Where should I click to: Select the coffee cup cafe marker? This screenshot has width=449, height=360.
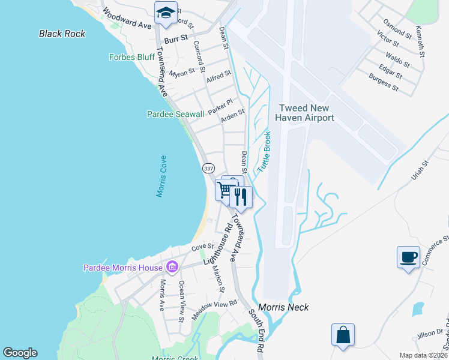click(408, 257)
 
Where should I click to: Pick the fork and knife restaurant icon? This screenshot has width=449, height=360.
click(241, 196)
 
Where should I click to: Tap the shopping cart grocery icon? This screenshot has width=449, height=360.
click(226, 190)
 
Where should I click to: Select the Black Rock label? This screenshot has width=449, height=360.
click(62, 34)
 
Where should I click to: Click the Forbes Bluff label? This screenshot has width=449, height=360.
click(131, 58)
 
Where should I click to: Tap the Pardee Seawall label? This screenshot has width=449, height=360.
click(175, 114)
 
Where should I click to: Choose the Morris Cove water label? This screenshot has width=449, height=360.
click(161, 176)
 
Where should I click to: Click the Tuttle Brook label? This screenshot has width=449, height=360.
click(264, 153)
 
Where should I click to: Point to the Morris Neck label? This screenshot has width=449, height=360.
click(283, 307)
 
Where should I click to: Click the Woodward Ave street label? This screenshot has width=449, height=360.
click(127, 19)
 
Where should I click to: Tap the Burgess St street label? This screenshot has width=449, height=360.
click(383, 82)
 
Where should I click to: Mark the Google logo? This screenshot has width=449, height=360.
click(20, 353)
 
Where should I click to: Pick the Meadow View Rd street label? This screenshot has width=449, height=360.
click(215, 310)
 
